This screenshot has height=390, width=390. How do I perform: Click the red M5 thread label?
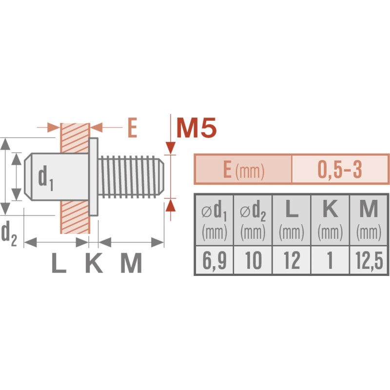[x=196, y=128]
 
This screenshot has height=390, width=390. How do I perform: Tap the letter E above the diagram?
[x=132, y=128]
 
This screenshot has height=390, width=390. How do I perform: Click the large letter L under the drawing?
[x=59, y=263]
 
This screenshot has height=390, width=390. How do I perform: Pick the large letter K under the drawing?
[x=94, y=263]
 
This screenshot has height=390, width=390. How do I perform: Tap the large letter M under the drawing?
[x=131, y=263]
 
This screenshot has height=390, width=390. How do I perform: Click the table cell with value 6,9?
[x=214, y=260]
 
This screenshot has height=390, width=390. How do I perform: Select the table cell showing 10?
[x=253, y=260]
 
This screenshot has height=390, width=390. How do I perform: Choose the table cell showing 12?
[x=292, y=260]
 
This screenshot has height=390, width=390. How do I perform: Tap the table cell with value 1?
[x=330, y=260]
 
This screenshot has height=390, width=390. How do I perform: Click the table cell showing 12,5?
[x=369, y=260]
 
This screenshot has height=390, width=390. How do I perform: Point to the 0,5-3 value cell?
[x=340, y=169]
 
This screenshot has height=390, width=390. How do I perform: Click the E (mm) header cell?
[x=243, y=169]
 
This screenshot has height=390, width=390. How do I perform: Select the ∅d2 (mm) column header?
[x=253, y=220]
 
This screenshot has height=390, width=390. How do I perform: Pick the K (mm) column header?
[x=330, y=220]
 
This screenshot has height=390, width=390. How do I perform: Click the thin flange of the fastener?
[x=93, y=176]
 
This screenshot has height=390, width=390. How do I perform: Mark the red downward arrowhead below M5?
[x=171, y=148]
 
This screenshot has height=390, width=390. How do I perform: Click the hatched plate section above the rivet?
[x=75, y=138]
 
